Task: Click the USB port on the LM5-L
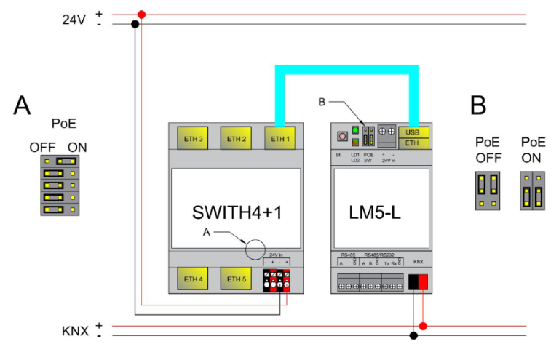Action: click(x=413, y=132)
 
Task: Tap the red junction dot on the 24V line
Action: click(x=141, y=14)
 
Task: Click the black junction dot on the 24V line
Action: click(x=135, y=24)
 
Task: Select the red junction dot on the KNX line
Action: click(x=423, y=326)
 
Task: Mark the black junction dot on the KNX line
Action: click(x=413, y=335)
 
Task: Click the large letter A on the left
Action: click(x=23, y=106)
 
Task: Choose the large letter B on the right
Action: click(x=477, y=106)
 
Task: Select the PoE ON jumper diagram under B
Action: click(x=532, y=191)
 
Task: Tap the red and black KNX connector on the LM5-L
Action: click(x=419, y=281)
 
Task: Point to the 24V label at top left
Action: click(x=75, y=19)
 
